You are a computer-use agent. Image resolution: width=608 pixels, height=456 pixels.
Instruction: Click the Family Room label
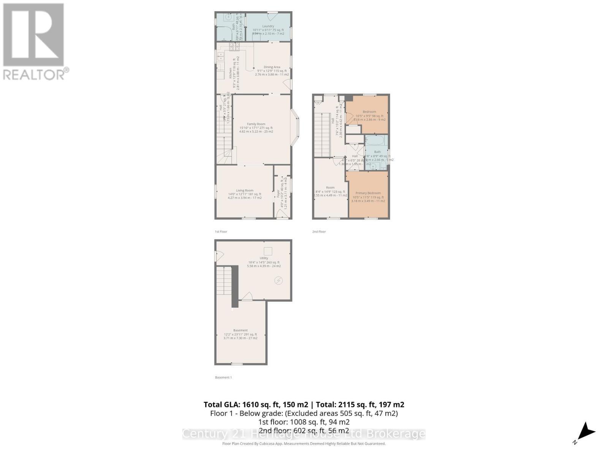click(x=256, y=124)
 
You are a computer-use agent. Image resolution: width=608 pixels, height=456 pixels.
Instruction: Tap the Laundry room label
click(x=268, y=26)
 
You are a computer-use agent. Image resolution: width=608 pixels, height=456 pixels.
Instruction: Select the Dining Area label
click(x=272, y=67)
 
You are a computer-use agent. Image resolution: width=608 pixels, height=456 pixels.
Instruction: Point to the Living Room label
click(x=244, y=191)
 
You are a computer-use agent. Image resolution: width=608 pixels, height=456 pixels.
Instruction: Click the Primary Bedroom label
click(x=368, y=193)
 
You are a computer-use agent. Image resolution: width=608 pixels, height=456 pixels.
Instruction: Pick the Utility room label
click(x=264, y=258)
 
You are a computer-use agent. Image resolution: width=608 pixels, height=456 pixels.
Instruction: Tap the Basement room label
click(x=240, y=331)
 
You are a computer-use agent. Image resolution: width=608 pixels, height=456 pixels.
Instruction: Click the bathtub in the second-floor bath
click(x=376, y=141)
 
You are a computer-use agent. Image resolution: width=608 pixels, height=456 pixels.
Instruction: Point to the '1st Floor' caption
click(x=221, y=231)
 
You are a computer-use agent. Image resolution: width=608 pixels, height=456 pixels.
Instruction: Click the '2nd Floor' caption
click(x=319, y=231)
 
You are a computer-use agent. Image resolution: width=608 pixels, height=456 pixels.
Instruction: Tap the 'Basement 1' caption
click(x=223, y=377)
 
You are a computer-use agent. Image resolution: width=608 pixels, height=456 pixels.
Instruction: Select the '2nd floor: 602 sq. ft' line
click(x=304, y=431)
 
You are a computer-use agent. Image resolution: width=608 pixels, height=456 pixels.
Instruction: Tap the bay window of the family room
click(x=296, y=128)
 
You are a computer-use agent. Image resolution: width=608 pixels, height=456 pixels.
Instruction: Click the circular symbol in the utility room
click(x=279, y=281)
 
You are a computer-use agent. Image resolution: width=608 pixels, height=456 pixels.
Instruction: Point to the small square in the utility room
click(x=268, y=251)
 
